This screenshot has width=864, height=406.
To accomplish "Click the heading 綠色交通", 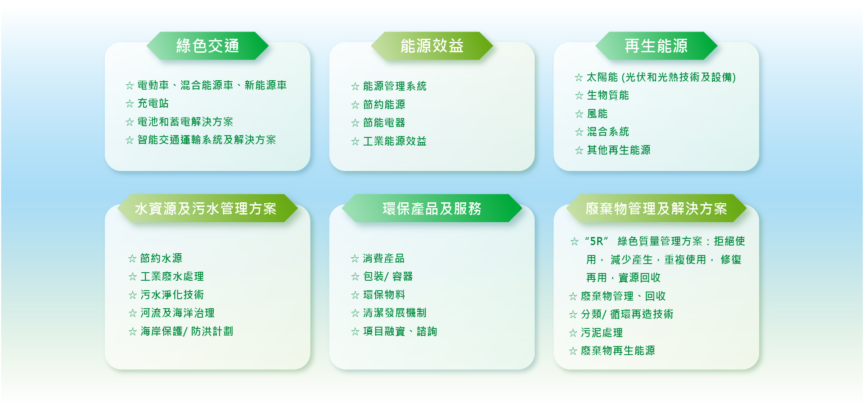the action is pos(207,46).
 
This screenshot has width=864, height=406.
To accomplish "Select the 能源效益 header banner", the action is pos(432,46).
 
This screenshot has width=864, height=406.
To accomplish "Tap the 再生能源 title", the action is pos(656,46).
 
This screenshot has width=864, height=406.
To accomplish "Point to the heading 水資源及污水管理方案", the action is pos(206,209).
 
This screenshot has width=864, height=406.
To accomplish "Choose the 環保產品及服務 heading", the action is pos(432,209).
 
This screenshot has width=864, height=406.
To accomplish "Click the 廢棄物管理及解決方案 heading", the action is pos(656,209).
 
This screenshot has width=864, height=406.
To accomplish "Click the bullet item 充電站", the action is pos(153,103).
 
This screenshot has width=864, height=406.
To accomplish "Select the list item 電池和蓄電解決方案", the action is pos(185,122).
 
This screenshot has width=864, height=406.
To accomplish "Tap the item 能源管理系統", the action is pos(395,86).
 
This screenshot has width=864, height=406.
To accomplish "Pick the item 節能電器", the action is pos(384,123).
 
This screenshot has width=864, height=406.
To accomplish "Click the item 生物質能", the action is pos(608,95).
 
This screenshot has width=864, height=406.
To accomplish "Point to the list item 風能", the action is pos(597,114).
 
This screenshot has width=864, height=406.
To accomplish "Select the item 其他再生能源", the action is pos(619,150).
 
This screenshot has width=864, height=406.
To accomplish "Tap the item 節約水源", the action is pos(161,258).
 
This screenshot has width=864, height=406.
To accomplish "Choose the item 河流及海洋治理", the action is pos(177,313).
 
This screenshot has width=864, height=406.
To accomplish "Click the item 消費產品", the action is pos(384,258).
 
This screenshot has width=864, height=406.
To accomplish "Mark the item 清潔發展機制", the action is pos(395,313).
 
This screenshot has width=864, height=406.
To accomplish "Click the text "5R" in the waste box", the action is pos(597,241).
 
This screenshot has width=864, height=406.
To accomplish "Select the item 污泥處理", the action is pos(602,333).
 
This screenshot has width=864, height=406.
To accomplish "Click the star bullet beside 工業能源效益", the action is pos(355,141).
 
